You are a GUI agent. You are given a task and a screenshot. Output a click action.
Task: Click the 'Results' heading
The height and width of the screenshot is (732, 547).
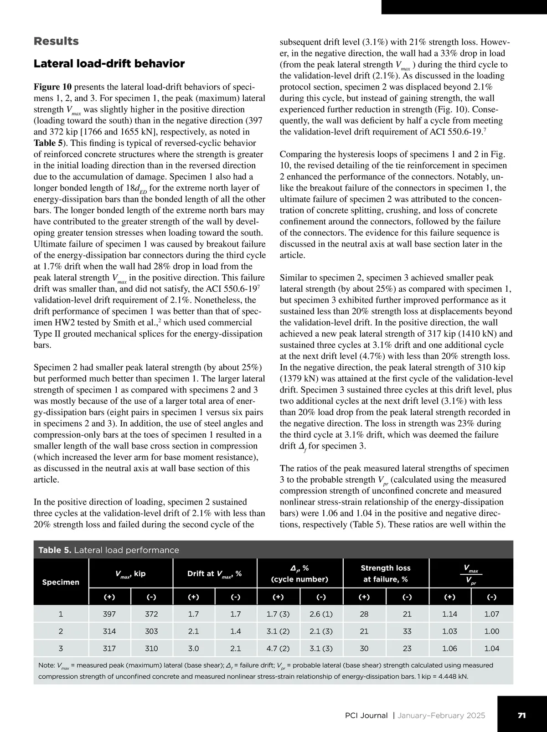point(56,41)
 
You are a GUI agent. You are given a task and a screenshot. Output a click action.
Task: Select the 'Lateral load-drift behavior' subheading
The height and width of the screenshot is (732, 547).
point(109,63)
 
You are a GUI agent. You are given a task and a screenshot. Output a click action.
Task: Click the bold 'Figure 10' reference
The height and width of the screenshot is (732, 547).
point(53,87)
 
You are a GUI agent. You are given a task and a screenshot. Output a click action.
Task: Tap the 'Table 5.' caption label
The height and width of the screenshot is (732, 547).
point(55,550)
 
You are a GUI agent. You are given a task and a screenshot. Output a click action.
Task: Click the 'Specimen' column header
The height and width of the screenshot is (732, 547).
point(61,582)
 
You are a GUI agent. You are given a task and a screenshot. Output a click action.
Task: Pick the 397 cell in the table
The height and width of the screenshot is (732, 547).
point(109,614)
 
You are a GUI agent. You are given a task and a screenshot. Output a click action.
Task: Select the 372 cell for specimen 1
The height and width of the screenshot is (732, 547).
point(151,614)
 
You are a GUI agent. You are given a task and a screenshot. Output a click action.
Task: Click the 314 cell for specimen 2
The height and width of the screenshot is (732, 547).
point(109,631)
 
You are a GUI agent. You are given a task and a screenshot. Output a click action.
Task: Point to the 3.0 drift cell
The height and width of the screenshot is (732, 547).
point(193,649)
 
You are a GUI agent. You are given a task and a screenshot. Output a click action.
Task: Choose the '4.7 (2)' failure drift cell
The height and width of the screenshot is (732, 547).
point(278,649)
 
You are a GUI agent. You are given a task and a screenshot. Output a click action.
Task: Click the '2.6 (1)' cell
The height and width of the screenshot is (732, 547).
point(321,614)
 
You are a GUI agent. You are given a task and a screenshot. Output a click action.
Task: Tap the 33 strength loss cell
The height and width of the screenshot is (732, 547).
point(407,631)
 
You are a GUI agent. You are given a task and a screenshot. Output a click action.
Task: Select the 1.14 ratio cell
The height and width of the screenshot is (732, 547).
point(449,614)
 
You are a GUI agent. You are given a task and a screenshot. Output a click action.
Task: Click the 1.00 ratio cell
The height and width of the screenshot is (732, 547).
point(492,631)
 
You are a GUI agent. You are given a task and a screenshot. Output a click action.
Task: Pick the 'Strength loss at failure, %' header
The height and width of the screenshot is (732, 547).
point(386,573)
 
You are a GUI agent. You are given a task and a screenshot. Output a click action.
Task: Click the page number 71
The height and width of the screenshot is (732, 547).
point(522,716)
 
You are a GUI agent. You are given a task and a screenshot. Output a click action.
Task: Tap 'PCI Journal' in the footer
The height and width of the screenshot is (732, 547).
point(366,716)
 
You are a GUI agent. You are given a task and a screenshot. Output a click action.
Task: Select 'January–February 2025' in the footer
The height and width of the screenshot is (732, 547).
point(441,716)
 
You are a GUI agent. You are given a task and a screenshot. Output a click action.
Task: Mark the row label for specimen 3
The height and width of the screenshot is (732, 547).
point(61,649)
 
